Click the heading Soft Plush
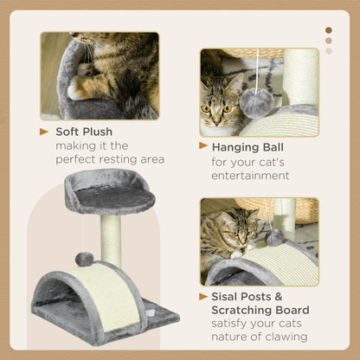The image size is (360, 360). point(87,132)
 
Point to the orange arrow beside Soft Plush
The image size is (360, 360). point(44,132)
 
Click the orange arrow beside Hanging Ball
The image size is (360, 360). point(204,147)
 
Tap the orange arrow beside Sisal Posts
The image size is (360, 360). point(204,296)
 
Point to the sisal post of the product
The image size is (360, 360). point(111,238)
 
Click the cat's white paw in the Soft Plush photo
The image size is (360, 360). point(80,87)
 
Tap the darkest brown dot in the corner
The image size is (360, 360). point(328,30)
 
